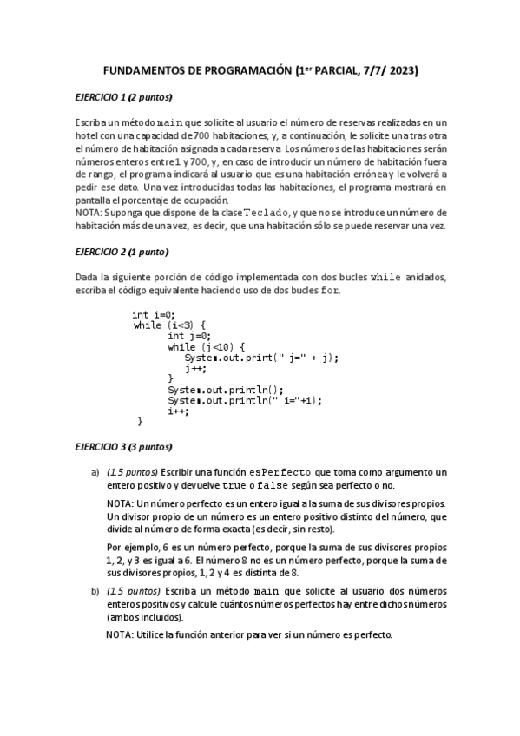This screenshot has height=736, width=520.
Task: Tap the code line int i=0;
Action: (154, 315)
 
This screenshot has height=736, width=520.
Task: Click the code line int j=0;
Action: (189, 336)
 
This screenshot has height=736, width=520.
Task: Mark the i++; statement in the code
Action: (179, 411)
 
